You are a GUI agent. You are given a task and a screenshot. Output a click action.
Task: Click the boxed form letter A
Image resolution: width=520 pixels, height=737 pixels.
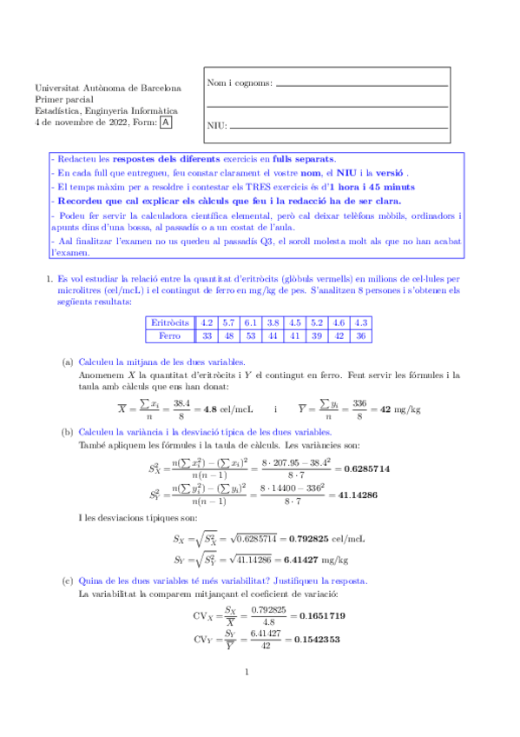pos(167,123)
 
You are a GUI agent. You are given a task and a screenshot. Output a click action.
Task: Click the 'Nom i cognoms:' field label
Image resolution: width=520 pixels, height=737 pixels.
pos(240,83)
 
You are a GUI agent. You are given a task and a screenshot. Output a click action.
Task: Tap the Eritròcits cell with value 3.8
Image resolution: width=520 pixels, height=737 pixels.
pos(273,322)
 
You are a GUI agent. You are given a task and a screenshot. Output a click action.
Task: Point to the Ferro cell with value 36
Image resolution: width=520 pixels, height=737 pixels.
pos(364,335)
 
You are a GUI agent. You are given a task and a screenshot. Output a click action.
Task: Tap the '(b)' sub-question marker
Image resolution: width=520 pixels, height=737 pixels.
pos(68,431)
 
